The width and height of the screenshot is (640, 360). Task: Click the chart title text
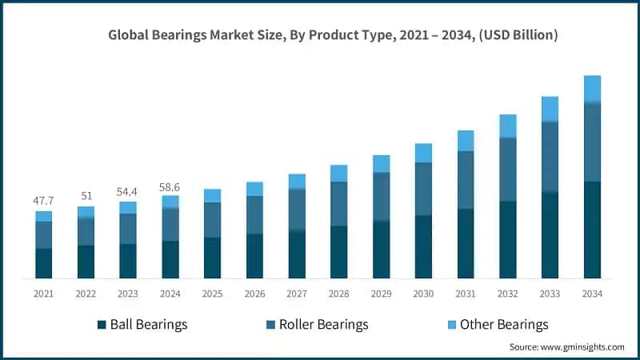pos(334,35)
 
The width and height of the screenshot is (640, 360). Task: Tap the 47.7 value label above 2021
pos(43,201)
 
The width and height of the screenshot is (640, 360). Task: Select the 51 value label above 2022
pos(86,195)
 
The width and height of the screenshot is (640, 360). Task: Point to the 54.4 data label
pos(128,191)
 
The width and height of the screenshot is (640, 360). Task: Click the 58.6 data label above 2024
pos(170,186)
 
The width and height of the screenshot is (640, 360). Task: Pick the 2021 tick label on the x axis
pos(43,294)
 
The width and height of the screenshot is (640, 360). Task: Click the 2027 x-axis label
pos(297,294)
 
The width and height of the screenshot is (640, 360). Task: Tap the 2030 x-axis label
pos(423,294)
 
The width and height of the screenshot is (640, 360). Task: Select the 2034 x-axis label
pos(592,294)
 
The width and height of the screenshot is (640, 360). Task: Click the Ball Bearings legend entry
pos(142,324)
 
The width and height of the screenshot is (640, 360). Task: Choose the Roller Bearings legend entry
pos(317,324)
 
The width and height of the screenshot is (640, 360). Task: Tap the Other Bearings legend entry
pos(497,324)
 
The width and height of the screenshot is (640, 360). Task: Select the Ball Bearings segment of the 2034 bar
pos(592,230)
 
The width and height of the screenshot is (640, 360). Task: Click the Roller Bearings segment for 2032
pos(508,169)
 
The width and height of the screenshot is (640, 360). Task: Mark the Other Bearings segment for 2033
pos(550,109)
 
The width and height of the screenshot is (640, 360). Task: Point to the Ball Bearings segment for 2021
pos(43,263)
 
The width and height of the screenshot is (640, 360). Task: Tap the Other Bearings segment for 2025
pos(212,195)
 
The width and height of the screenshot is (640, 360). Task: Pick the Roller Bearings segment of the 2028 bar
pos(339,204)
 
